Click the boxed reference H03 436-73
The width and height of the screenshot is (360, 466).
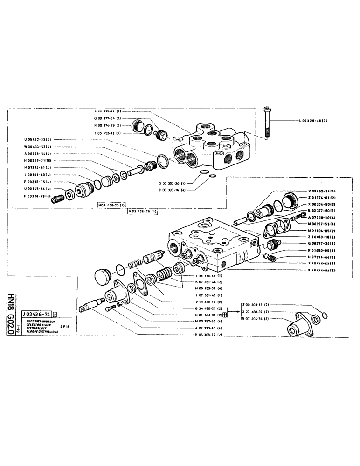tap(111, 205)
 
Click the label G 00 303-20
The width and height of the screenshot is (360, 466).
tap(172, 184)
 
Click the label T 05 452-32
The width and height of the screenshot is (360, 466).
tap(108, 133)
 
